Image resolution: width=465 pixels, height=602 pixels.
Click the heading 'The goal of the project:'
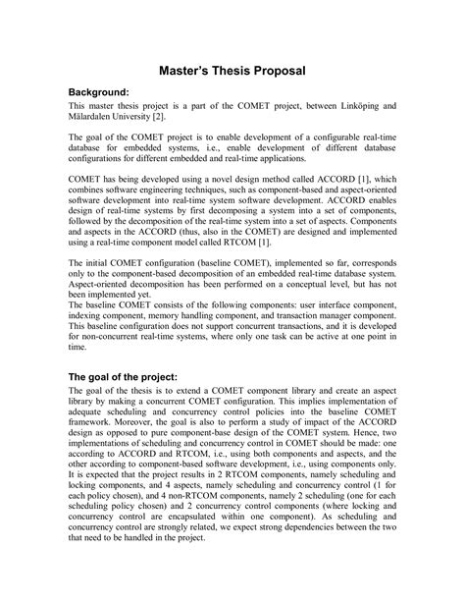(134, 376)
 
